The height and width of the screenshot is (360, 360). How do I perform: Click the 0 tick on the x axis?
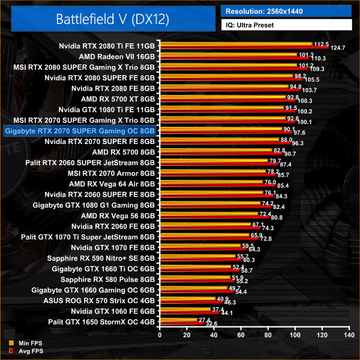(160, 336)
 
